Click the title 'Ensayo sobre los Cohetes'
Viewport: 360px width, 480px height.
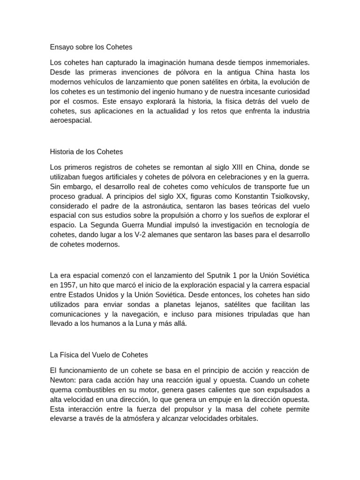coord(91,47)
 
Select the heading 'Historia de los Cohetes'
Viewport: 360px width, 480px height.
coord(86,152)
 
